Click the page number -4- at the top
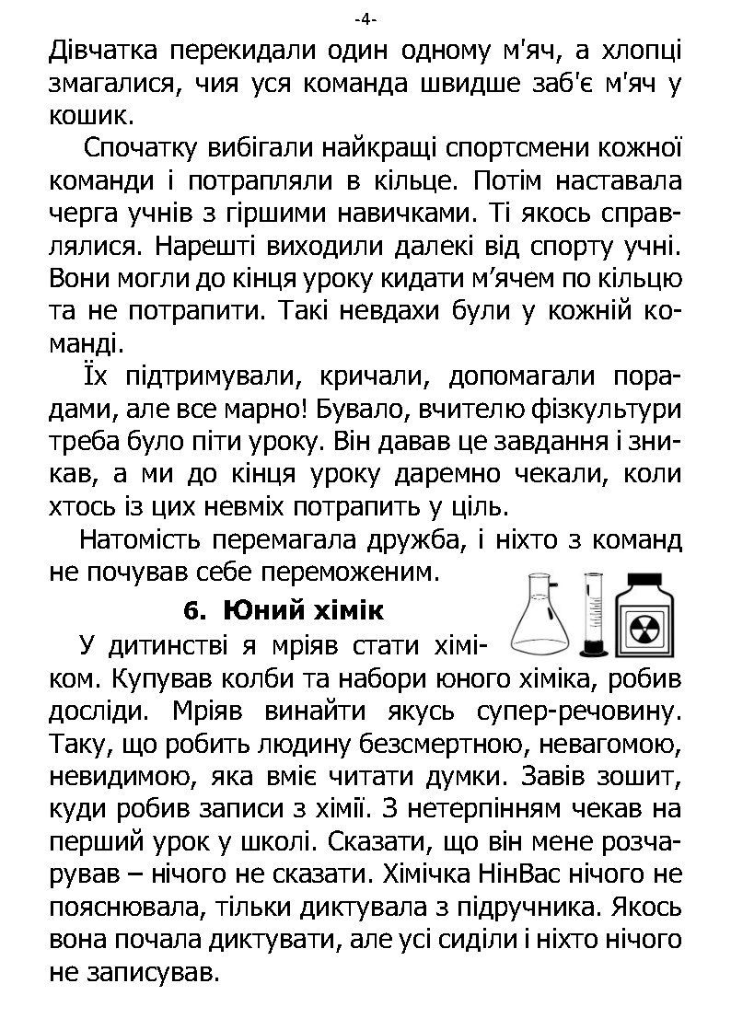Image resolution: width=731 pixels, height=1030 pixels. pyautogui.click(x=365, y=19)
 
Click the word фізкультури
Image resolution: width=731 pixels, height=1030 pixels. pyautogui.click(x=607, y=410)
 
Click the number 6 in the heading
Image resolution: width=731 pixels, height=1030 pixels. pyautogui.click(x=191, y=611)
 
